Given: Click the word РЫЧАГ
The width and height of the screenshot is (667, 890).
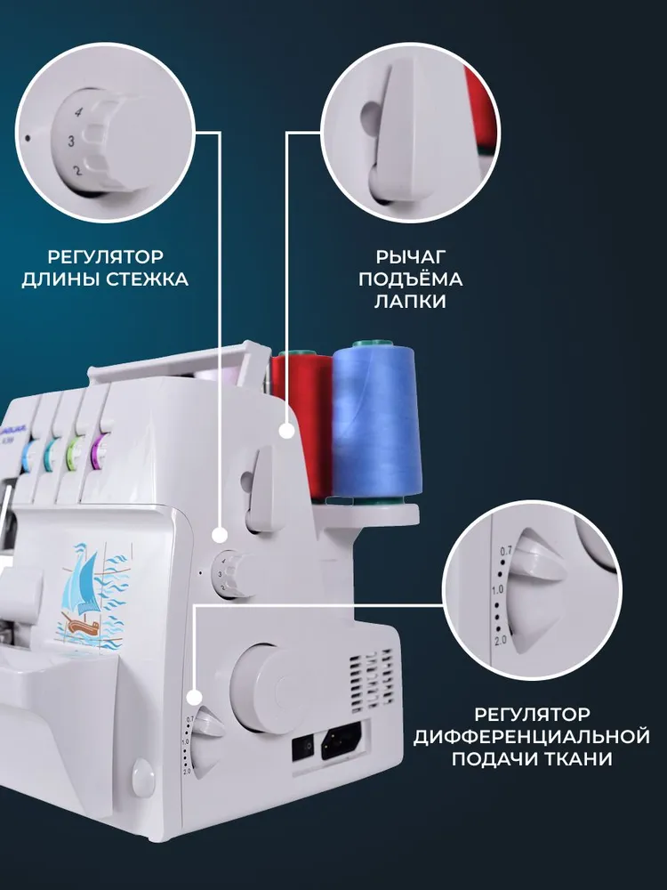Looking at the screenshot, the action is (411, 256).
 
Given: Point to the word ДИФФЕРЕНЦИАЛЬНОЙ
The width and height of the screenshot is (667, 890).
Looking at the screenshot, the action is (532, 736).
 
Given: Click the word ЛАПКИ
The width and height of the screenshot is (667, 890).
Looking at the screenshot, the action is (410, 302).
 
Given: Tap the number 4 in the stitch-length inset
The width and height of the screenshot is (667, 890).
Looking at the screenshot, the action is (78, 113).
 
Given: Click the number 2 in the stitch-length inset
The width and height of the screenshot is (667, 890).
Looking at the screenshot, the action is (77, 170).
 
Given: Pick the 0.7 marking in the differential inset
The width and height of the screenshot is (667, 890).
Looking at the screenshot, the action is (505, 551).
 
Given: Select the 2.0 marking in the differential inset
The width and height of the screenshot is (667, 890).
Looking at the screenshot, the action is (500, 641).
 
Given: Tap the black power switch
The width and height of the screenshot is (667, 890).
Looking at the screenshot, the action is (303, 748).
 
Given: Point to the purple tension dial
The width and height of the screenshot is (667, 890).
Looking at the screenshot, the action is (98, 451).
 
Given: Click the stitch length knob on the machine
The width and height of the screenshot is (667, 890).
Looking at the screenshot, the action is (232, 573).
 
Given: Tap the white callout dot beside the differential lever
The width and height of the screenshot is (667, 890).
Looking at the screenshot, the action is (195, 698).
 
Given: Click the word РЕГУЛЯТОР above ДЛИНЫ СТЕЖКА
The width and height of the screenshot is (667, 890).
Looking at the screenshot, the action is (105, 256).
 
